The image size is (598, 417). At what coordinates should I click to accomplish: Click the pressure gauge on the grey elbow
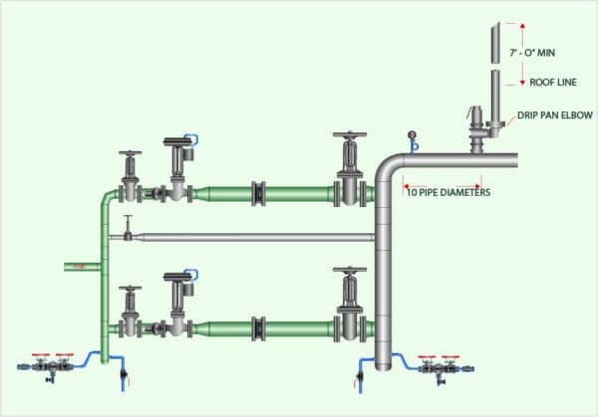click(x=411, y=138)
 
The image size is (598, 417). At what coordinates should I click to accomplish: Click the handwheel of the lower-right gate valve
click(x=349, y=269)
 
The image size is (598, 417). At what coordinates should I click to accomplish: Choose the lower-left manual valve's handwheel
click(x=129, y=288)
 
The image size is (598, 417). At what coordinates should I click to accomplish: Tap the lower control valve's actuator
click(x=179, y=278)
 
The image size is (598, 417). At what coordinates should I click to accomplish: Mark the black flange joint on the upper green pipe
click(x=259, y=192)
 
